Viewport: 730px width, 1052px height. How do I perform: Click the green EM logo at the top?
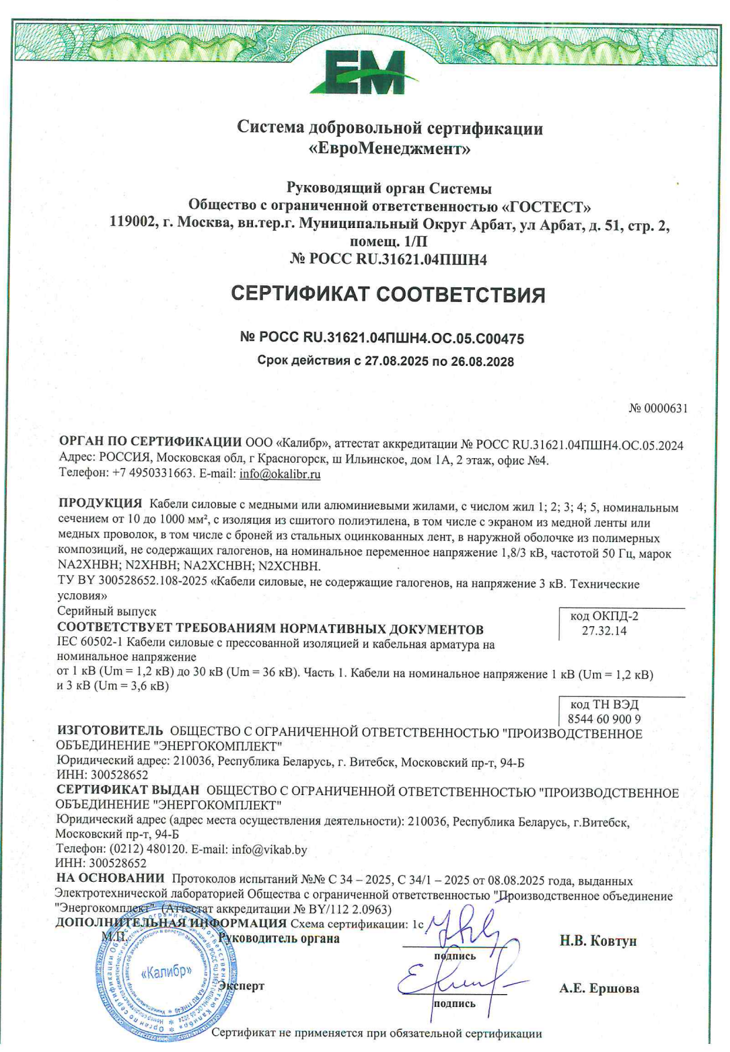tap(363, 73)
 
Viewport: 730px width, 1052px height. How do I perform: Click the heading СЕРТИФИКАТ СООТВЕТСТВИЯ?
tap(388, 295)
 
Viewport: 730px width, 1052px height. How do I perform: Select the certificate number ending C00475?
tap(381, 338)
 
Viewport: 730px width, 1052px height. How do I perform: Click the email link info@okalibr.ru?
tap(280, 474)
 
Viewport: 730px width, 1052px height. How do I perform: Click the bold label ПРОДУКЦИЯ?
tap(100, 503)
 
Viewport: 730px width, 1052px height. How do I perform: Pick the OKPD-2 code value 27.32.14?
tap(604, 631)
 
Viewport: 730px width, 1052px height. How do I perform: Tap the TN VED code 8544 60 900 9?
tap(604, 719)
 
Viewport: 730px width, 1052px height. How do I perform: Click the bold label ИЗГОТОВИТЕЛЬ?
tap(110, 730)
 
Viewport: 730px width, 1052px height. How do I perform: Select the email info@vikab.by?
tap(269, 850)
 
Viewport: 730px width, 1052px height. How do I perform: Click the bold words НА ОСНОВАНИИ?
tap(110, 878)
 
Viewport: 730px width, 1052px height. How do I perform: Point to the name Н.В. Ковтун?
tap(597, 941)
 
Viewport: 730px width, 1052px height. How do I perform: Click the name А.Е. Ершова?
tap(599, 989)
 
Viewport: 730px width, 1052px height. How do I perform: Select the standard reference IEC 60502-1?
tap(89, 644)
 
